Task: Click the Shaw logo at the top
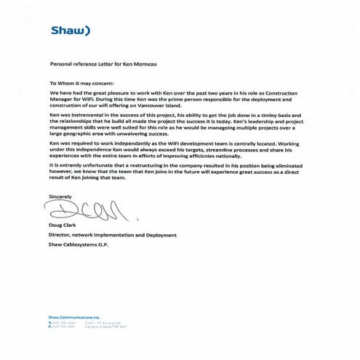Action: coord(69,31)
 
